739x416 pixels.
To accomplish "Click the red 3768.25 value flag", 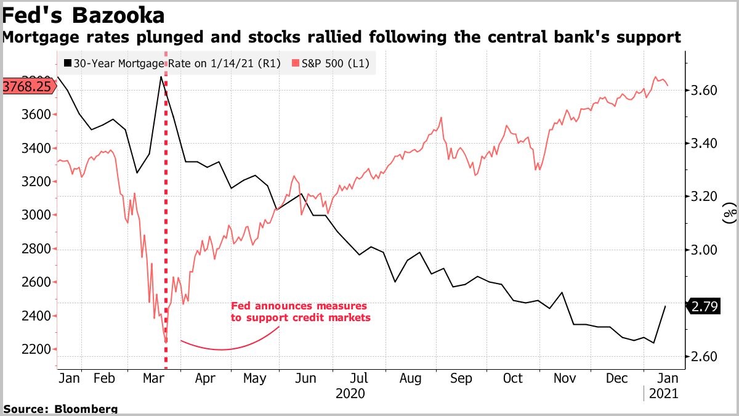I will (x=26, y=86).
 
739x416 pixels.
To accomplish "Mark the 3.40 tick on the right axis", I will (x=701, y=144).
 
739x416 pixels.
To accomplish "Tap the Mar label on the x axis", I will (x=153, y=378).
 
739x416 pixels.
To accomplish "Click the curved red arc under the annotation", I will (x=222, y=349).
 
